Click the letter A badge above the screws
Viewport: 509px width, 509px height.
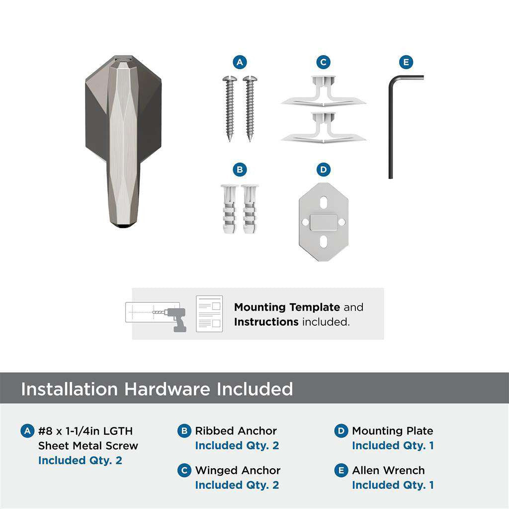240,62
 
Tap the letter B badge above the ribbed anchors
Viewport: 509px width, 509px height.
240,170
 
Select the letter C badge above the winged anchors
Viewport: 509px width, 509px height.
323,62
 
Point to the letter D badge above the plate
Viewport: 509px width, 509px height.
323,170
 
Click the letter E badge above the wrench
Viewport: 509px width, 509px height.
406,62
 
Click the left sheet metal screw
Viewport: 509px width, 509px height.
230,107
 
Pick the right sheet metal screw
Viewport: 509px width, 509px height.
249,107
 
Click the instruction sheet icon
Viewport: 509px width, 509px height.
209,314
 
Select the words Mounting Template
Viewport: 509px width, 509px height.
287,307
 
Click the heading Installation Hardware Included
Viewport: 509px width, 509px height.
157,389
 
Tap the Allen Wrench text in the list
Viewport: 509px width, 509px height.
388,470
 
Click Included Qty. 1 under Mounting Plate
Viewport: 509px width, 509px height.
393,445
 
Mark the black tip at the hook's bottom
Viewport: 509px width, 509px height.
122,226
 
